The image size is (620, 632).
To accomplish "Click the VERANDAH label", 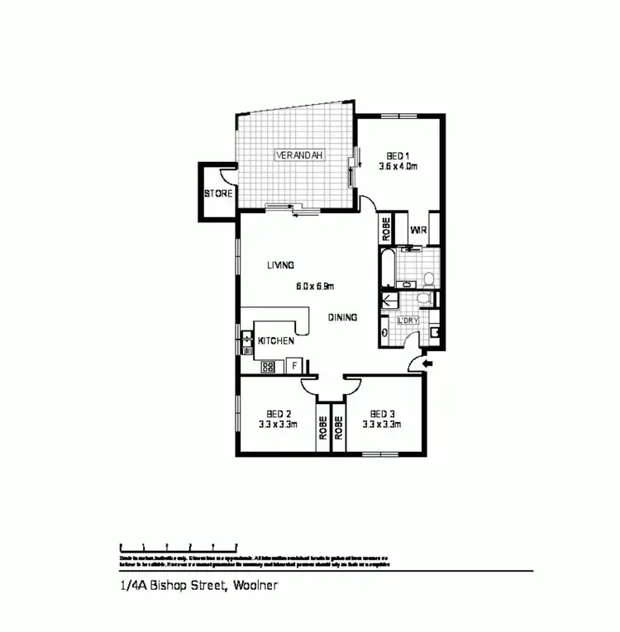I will [x=300, y=154].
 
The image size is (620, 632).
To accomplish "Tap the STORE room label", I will [x=217, y=194].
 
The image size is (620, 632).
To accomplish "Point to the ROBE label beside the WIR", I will [x=386, y=229].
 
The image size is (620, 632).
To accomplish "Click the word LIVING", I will [x=281, y=265].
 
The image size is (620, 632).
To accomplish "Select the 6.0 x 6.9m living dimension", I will [x=314, y=287].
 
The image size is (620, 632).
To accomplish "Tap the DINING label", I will [x=342, y=316].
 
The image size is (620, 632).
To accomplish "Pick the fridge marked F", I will [x=293, y=364].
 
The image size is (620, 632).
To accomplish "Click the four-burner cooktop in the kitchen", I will [x=268, y=366].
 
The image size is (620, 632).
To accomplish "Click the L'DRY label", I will [x=408, y=320].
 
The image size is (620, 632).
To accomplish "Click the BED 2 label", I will [x=279, y=414].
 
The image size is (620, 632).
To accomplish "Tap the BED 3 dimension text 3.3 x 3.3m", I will [x=382, y=425].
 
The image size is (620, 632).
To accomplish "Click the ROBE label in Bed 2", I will [x=323, y=428].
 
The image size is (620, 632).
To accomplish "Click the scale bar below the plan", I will [x=179, y=546].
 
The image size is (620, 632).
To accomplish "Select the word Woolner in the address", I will [x=255, y=586].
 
